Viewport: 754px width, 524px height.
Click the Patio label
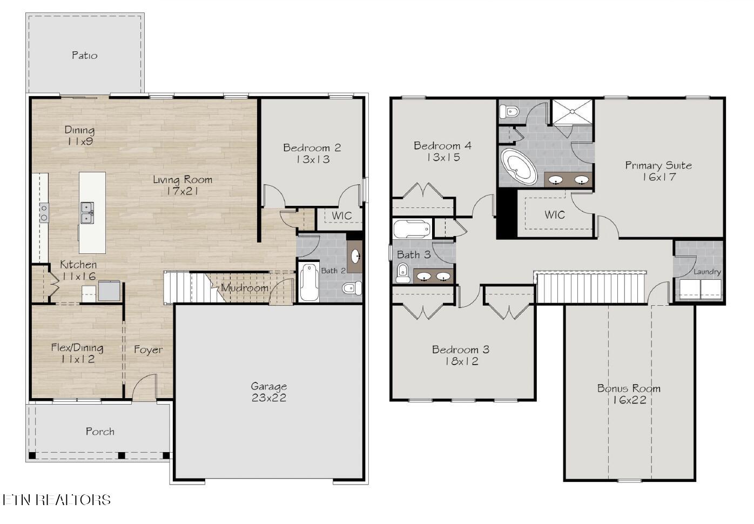click(85, 55)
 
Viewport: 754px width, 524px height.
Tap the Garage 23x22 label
click(268, 392)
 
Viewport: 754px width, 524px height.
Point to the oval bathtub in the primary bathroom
click(519, 166)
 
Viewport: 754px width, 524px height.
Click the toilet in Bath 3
click(403, 273)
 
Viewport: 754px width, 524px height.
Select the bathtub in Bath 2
click(309, 281)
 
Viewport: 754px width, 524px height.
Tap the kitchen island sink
click(86, 212)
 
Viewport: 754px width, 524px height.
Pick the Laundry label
click(707, 272)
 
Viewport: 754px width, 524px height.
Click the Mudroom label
click(245, 288)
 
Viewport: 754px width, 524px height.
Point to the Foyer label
click(149, 350)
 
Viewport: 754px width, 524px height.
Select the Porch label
click(100, 431)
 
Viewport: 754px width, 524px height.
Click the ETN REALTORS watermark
click(56, 500)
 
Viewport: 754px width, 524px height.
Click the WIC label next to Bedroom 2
click(341, 216)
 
